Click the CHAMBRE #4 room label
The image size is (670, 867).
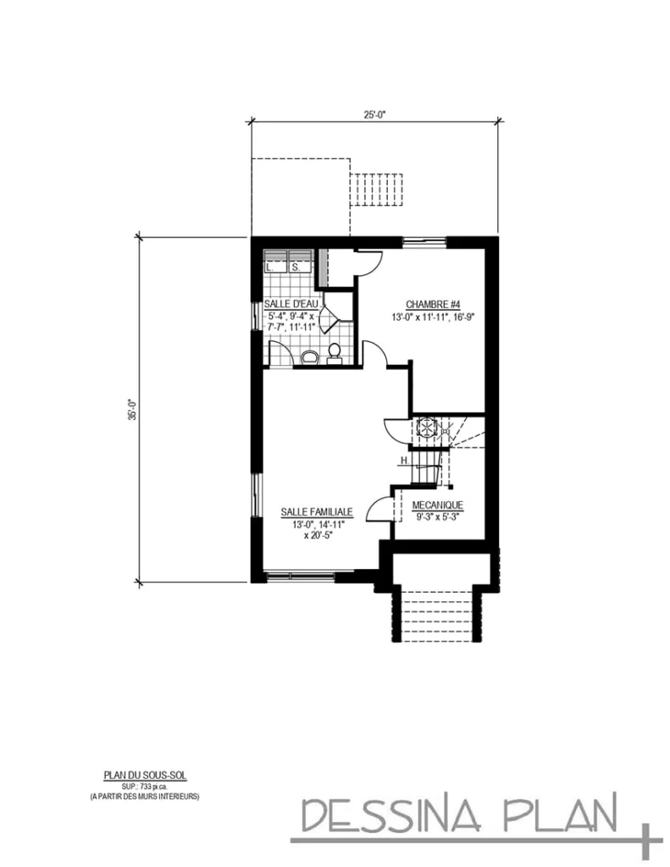432,305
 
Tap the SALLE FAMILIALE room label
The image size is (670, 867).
318,512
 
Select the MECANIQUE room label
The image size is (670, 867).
436,505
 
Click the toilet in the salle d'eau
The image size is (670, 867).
334,352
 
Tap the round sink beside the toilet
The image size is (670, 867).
309,357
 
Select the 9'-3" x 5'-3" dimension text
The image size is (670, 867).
436,516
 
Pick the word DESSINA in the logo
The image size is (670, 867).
390,816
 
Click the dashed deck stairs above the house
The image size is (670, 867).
379,185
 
